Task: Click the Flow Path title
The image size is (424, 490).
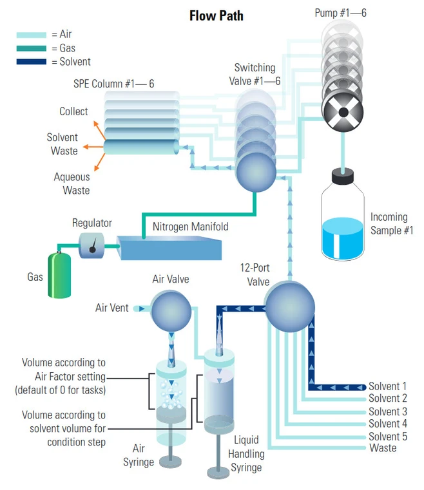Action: coord(216,15)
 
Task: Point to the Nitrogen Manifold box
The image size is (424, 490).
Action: coord(169,249)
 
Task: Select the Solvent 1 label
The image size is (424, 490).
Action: coord(387,387)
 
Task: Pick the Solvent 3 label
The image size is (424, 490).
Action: coord(387,411)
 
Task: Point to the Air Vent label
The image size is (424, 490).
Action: coord(112,308)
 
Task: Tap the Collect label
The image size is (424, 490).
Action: coord(73,111)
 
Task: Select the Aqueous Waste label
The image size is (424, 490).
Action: coord(72,184)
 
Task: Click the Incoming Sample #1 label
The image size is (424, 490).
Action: coord(391,223)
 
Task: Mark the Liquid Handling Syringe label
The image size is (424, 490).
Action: coord(246,453)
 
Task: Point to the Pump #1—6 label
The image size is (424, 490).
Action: coord(340,13)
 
